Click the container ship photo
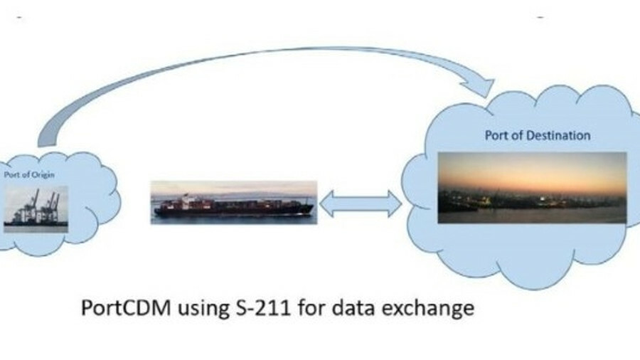pos(233,203)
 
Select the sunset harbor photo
pos(532,187)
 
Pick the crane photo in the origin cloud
pos(36,206)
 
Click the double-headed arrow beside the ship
pos(360,203)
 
